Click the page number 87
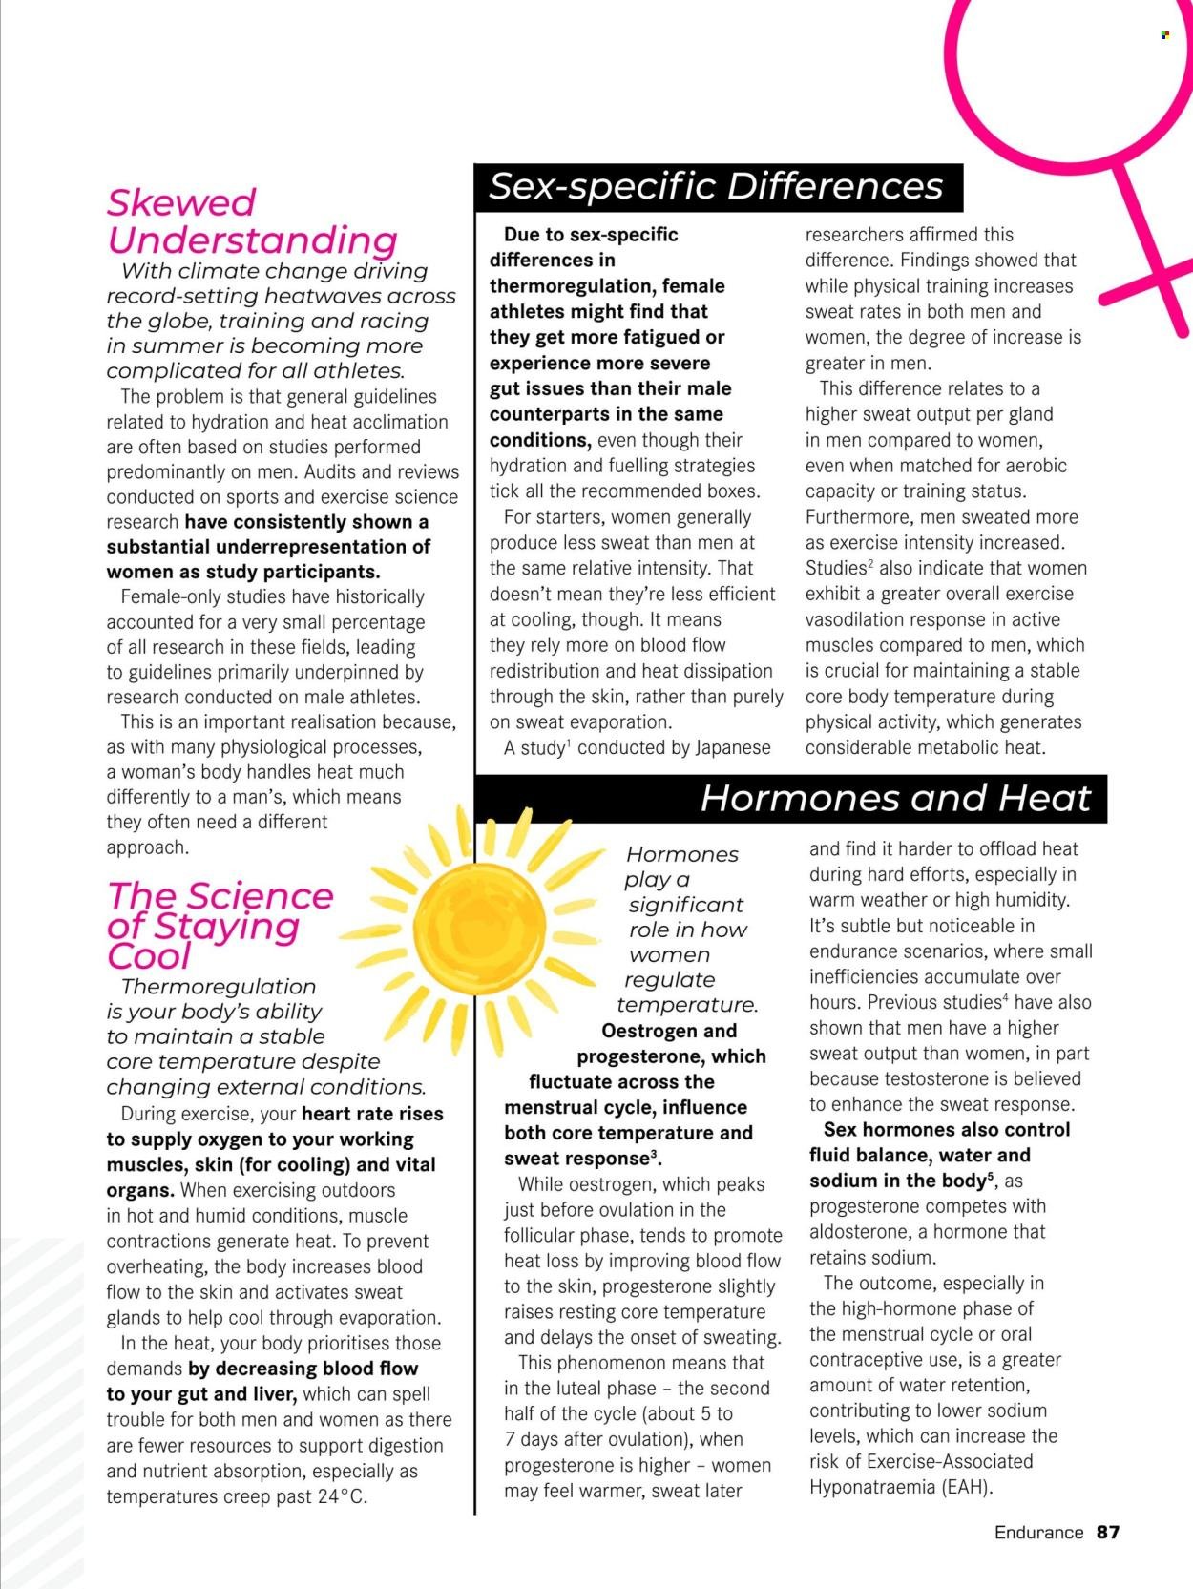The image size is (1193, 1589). point(1107,1533)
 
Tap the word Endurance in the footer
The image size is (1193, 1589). point(1038,1533)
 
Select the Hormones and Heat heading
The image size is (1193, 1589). point(895,798)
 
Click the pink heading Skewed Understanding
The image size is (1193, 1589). point(251,221)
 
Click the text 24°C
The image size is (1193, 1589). point(342,1496)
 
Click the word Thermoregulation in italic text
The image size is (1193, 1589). point(219,987)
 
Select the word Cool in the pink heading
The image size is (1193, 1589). point(150,956)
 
